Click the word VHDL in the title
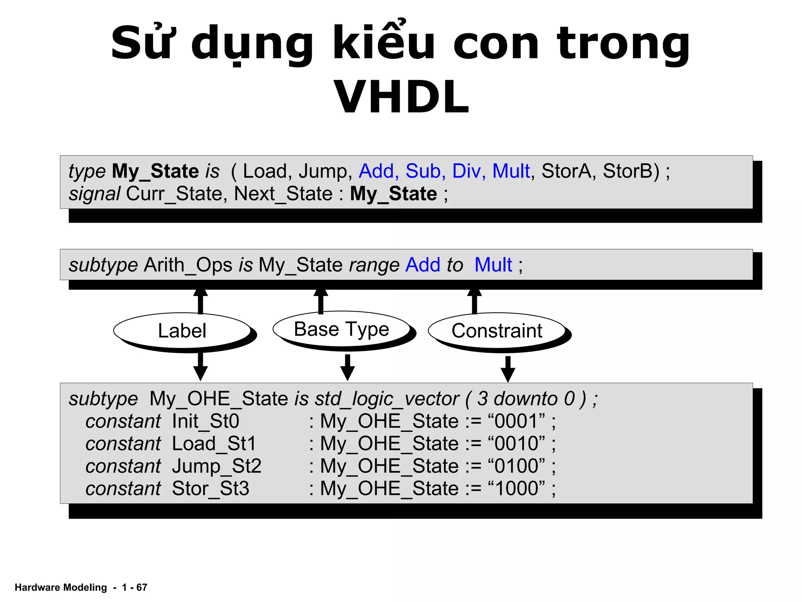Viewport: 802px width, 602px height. click(x=401, y=97)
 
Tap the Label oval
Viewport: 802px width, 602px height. click(x=182, y=330)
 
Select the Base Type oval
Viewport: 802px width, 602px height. click(x=341, y=329)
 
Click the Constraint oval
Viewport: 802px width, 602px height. click(x=497, y=330)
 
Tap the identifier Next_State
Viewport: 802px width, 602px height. click(x=283, y=194)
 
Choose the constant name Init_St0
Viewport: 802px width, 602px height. click(x=206, y=421)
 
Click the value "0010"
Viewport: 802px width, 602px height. click(x=517, y=444)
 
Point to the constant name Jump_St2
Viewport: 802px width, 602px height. click(x=217, y=466)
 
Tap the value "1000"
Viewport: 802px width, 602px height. click(x=517, y=489)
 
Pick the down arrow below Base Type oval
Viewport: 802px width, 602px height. click(x=347, y=368)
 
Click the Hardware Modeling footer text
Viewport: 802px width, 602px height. click(x=61, y=587)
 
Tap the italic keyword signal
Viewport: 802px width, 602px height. click(x=94, y=194)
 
